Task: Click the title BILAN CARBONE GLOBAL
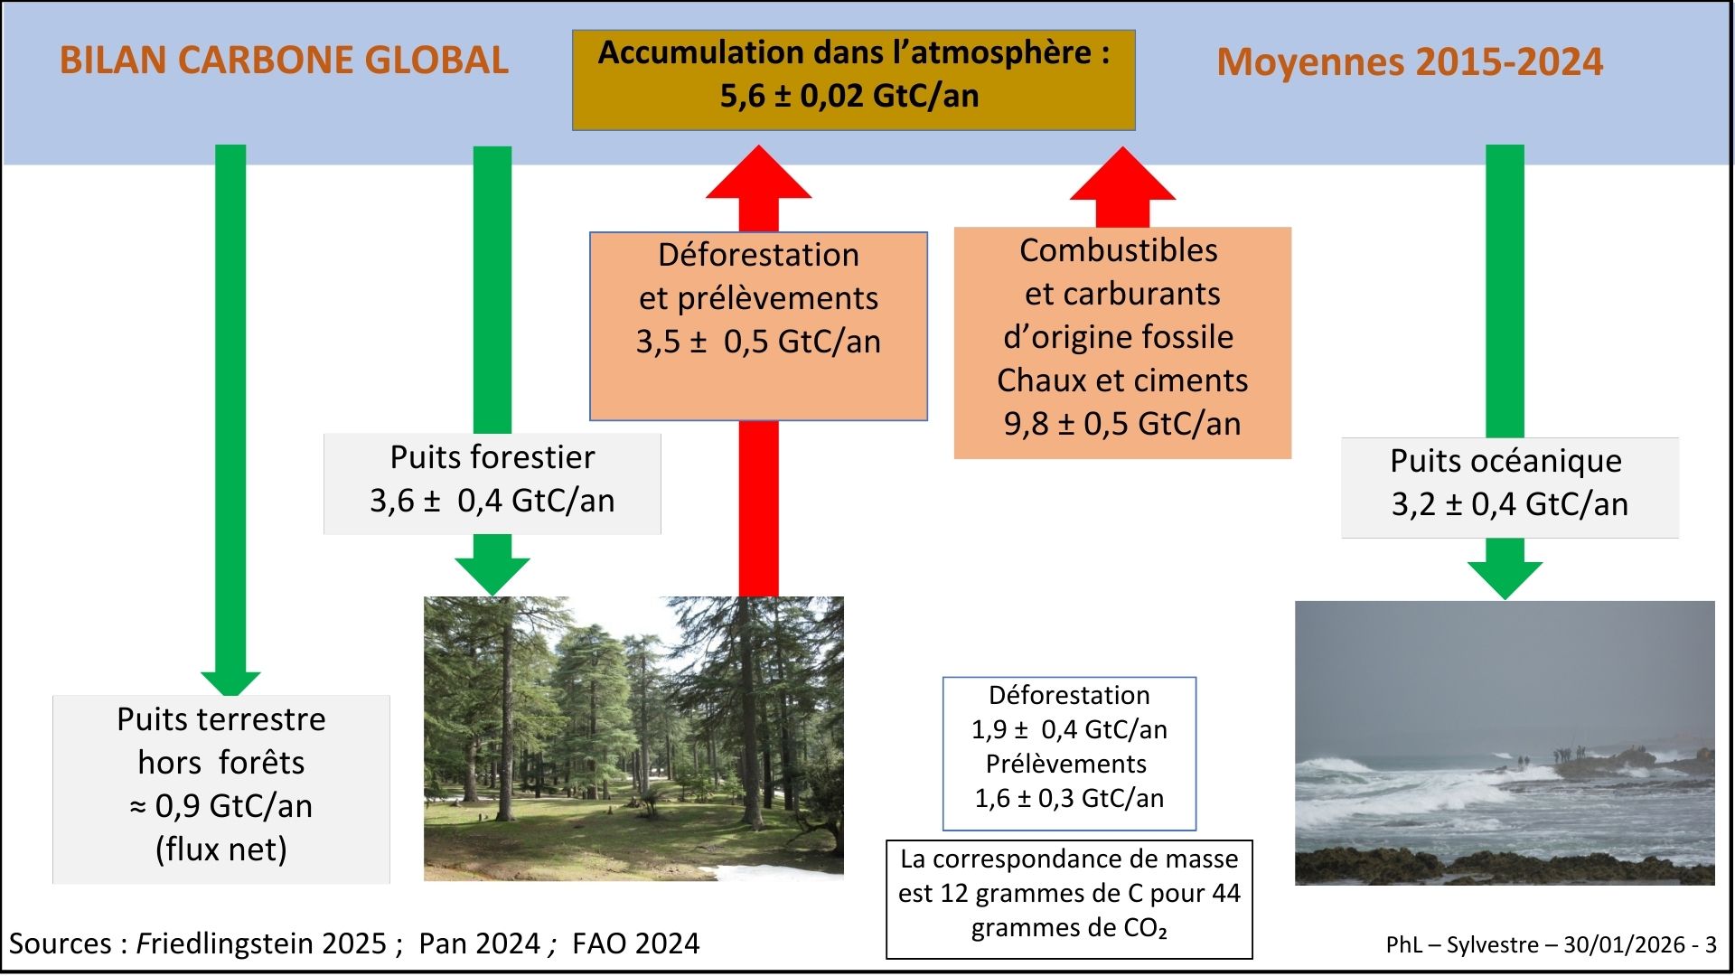[284, 61]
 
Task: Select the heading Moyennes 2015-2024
[1410, 62]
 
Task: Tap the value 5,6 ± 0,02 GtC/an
[849, 96]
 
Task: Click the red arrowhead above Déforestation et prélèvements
[759, 172]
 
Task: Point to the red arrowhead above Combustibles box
[1122, 174]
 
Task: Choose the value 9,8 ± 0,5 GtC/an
[1122, 424]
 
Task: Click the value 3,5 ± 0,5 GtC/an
[758, 342]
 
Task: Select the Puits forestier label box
[492, 483]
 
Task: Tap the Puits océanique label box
[1510, 488]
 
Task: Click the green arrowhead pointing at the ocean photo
[1505, 578]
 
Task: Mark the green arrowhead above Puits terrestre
[230, 683]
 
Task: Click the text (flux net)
[221, 849]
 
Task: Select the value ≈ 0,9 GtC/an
[221, 806]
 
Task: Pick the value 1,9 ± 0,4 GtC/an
[1069, 729]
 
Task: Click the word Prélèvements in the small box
[1066, 764]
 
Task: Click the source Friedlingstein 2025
[262, 943]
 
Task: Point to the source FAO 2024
[636, 943]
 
